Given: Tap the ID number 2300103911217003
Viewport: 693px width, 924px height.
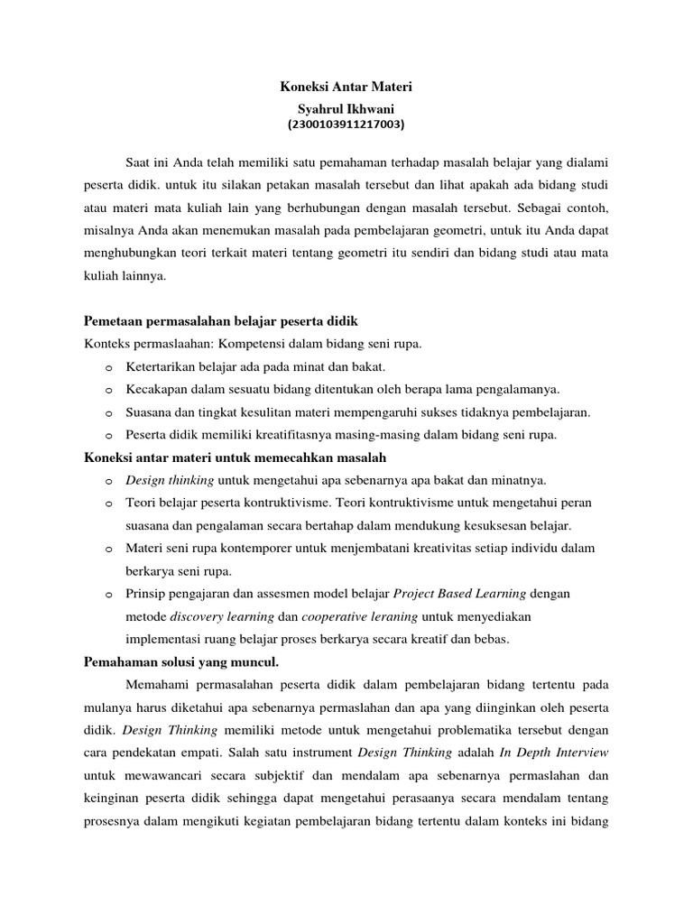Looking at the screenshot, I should tap(346, 125).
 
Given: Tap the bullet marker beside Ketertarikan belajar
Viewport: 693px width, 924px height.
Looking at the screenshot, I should tap(108, 368).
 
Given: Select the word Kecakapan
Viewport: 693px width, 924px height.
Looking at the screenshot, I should tap(157, 390).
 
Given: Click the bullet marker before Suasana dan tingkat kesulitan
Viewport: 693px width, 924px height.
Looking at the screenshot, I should tap(108, 413).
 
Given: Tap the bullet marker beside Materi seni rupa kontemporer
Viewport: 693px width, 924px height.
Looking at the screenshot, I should tap(108, 550).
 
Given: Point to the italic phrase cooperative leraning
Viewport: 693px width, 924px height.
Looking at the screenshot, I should tap(359, 617).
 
